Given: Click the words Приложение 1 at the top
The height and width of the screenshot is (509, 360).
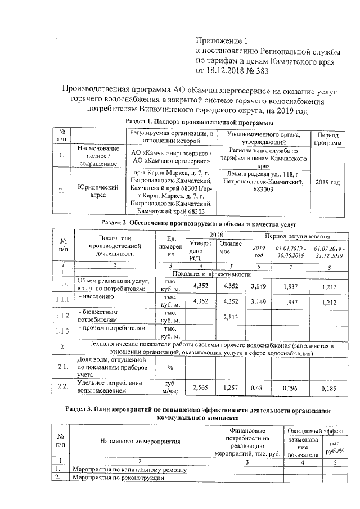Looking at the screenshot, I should tap(221, 40).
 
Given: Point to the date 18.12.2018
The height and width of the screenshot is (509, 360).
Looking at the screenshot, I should tap(227, 71).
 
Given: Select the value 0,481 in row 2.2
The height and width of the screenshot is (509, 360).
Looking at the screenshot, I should tap(258, 388).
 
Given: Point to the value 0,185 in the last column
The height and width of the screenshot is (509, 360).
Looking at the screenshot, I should tap(329, 388).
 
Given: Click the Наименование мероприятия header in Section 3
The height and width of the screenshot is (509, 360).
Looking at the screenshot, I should tap(141, 442).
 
